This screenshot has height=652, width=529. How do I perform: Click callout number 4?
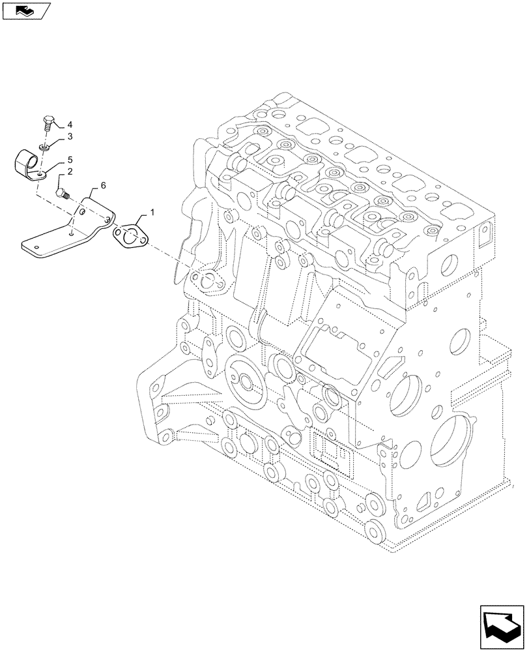pos(70,125)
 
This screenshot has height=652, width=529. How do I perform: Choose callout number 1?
pos(152,213)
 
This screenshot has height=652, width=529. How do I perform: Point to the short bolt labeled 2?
pos(62,193)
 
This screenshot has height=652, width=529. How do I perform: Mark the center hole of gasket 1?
pos(130,237)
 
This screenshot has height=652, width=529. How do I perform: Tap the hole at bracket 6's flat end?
pos(37,246)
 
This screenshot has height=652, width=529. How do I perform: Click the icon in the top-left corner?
pos(25,9)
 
